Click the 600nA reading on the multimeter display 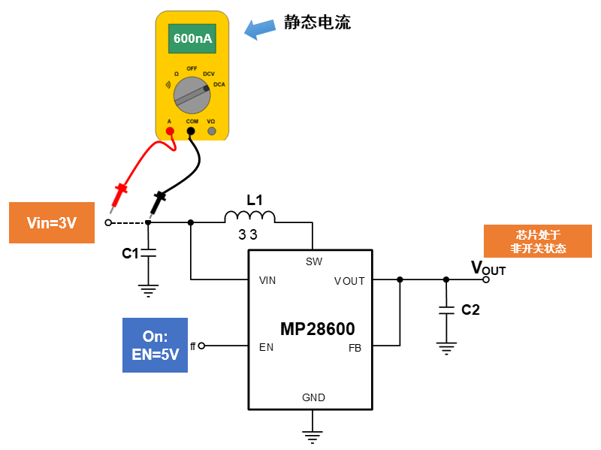[x=192, y=38]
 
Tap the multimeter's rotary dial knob [x=192, y=95]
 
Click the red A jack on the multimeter [x=170, y=131]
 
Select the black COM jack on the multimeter [x=191, y=131]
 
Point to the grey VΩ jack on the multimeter [x=212, y=131]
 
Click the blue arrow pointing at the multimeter [x=261, y=29]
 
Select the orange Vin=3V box [x=52, y=222]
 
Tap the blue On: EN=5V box [x=155, y=346]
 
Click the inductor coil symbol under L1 [x=249, y=217]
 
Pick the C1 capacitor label [x=130, y=254]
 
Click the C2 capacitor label [x=470, y=310]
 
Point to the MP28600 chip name [x=317, y=329]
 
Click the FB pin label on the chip [x=355, y=349]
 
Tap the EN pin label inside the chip [x=266, y=348]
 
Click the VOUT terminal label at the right [x=488, y=267]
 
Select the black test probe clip [x=159, y=201]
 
